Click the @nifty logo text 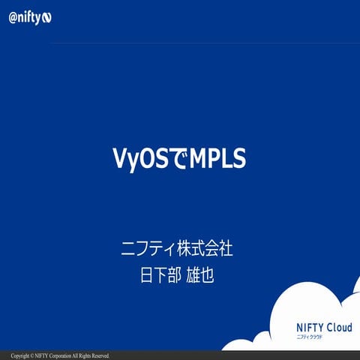pos(31,16)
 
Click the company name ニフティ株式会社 pos(181,248)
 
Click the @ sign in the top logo pos(13,16)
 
